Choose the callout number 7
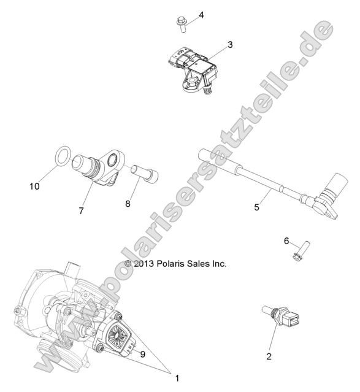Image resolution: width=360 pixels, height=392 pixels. pos(81,211)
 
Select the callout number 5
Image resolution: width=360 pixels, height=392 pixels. pos(256,207)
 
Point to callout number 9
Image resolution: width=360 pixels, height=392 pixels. pos(142,353)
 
